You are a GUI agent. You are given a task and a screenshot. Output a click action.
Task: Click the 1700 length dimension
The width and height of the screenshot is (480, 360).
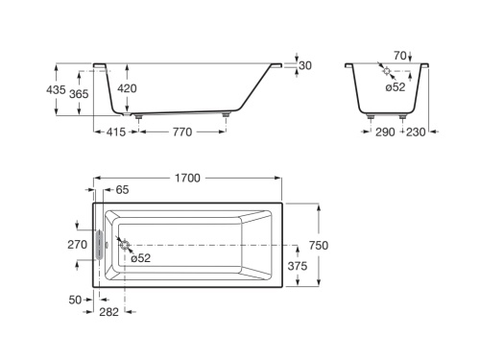coord(187,178)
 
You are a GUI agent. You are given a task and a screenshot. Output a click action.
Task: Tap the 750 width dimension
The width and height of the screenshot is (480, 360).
coord(319,246)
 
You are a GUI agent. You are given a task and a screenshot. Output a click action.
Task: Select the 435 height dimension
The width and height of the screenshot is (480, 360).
coord(56,90)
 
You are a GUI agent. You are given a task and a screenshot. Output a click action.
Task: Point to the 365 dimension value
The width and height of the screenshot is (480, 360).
coord(79,94)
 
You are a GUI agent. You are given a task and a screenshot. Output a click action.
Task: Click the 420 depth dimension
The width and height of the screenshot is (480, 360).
coord(127,88)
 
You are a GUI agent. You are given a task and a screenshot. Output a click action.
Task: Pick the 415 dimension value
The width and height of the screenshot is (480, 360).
coord(116,132)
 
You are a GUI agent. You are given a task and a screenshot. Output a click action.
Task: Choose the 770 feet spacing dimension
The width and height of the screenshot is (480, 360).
coord(182,132)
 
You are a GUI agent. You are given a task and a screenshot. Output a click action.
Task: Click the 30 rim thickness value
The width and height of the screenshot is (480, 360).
coord(305,65)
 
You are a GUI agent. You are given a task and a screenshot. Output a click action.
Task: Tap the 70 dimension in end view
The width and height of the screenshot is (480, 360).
coord(400,56)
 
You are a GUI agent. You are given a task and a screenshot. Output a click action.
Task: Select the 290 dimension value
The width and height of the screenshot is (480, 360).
coord(385,132)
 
